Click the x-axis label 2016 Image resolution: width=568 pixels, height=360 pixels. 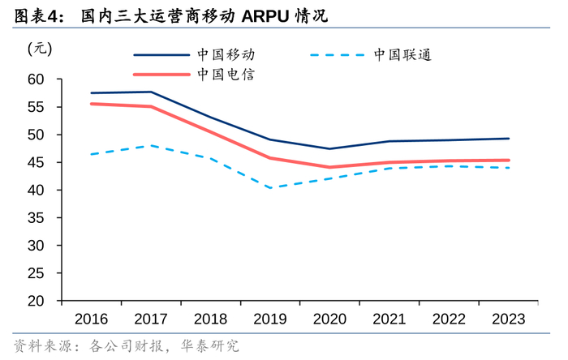(91, 319)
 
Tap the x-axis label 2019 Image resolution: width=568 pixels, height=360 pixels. (269, 319)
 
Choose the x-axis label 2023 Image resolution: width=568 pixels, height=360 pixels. (508, 319)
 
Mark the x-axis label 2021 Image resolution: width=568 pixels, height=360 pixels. (389, 319)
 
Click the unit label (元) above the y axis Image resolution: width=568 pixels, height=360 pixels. (39, 48)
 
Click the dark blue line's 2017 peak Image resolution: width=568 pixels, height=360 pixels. (150, 92)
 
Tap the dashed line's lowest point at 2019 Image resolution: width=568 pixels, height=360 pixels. (269, 188)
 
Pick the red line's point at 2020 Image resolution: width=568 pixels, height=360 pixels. (329, 167)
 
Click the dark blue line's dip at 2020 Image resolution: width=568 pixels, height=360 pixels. (329, 148)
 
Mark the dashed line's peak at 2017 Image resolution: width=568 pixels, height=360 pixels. (150, 145)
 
